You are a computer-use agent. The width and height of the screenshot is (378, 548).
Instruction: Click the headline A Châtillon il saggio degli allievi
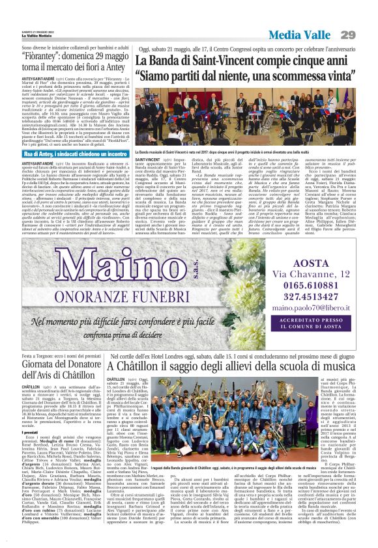point(241,367)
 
